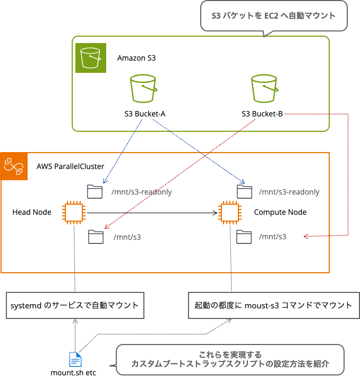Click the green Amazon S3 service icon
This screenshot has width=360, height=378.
90,57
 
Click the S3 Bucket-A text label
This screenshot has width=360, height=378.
141,113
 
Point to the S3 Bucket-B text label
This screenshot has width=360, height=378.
262,113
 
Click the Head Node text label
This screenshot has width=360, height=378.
32,212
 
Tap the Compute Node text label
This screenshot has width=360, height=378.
280,212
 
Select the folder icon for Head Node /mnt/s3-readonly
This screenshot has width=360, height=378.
95,191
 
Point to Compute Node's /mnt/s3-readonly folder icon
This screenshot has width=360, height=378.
244,191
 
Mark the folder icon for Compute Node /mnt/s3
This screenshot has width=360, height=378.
244,236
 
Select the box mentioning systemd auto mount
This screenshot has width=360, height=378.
75,305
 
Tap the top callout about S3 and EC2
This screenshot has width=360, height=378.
273,16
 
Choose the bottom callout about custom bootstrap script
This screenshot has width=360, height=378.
230,359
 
